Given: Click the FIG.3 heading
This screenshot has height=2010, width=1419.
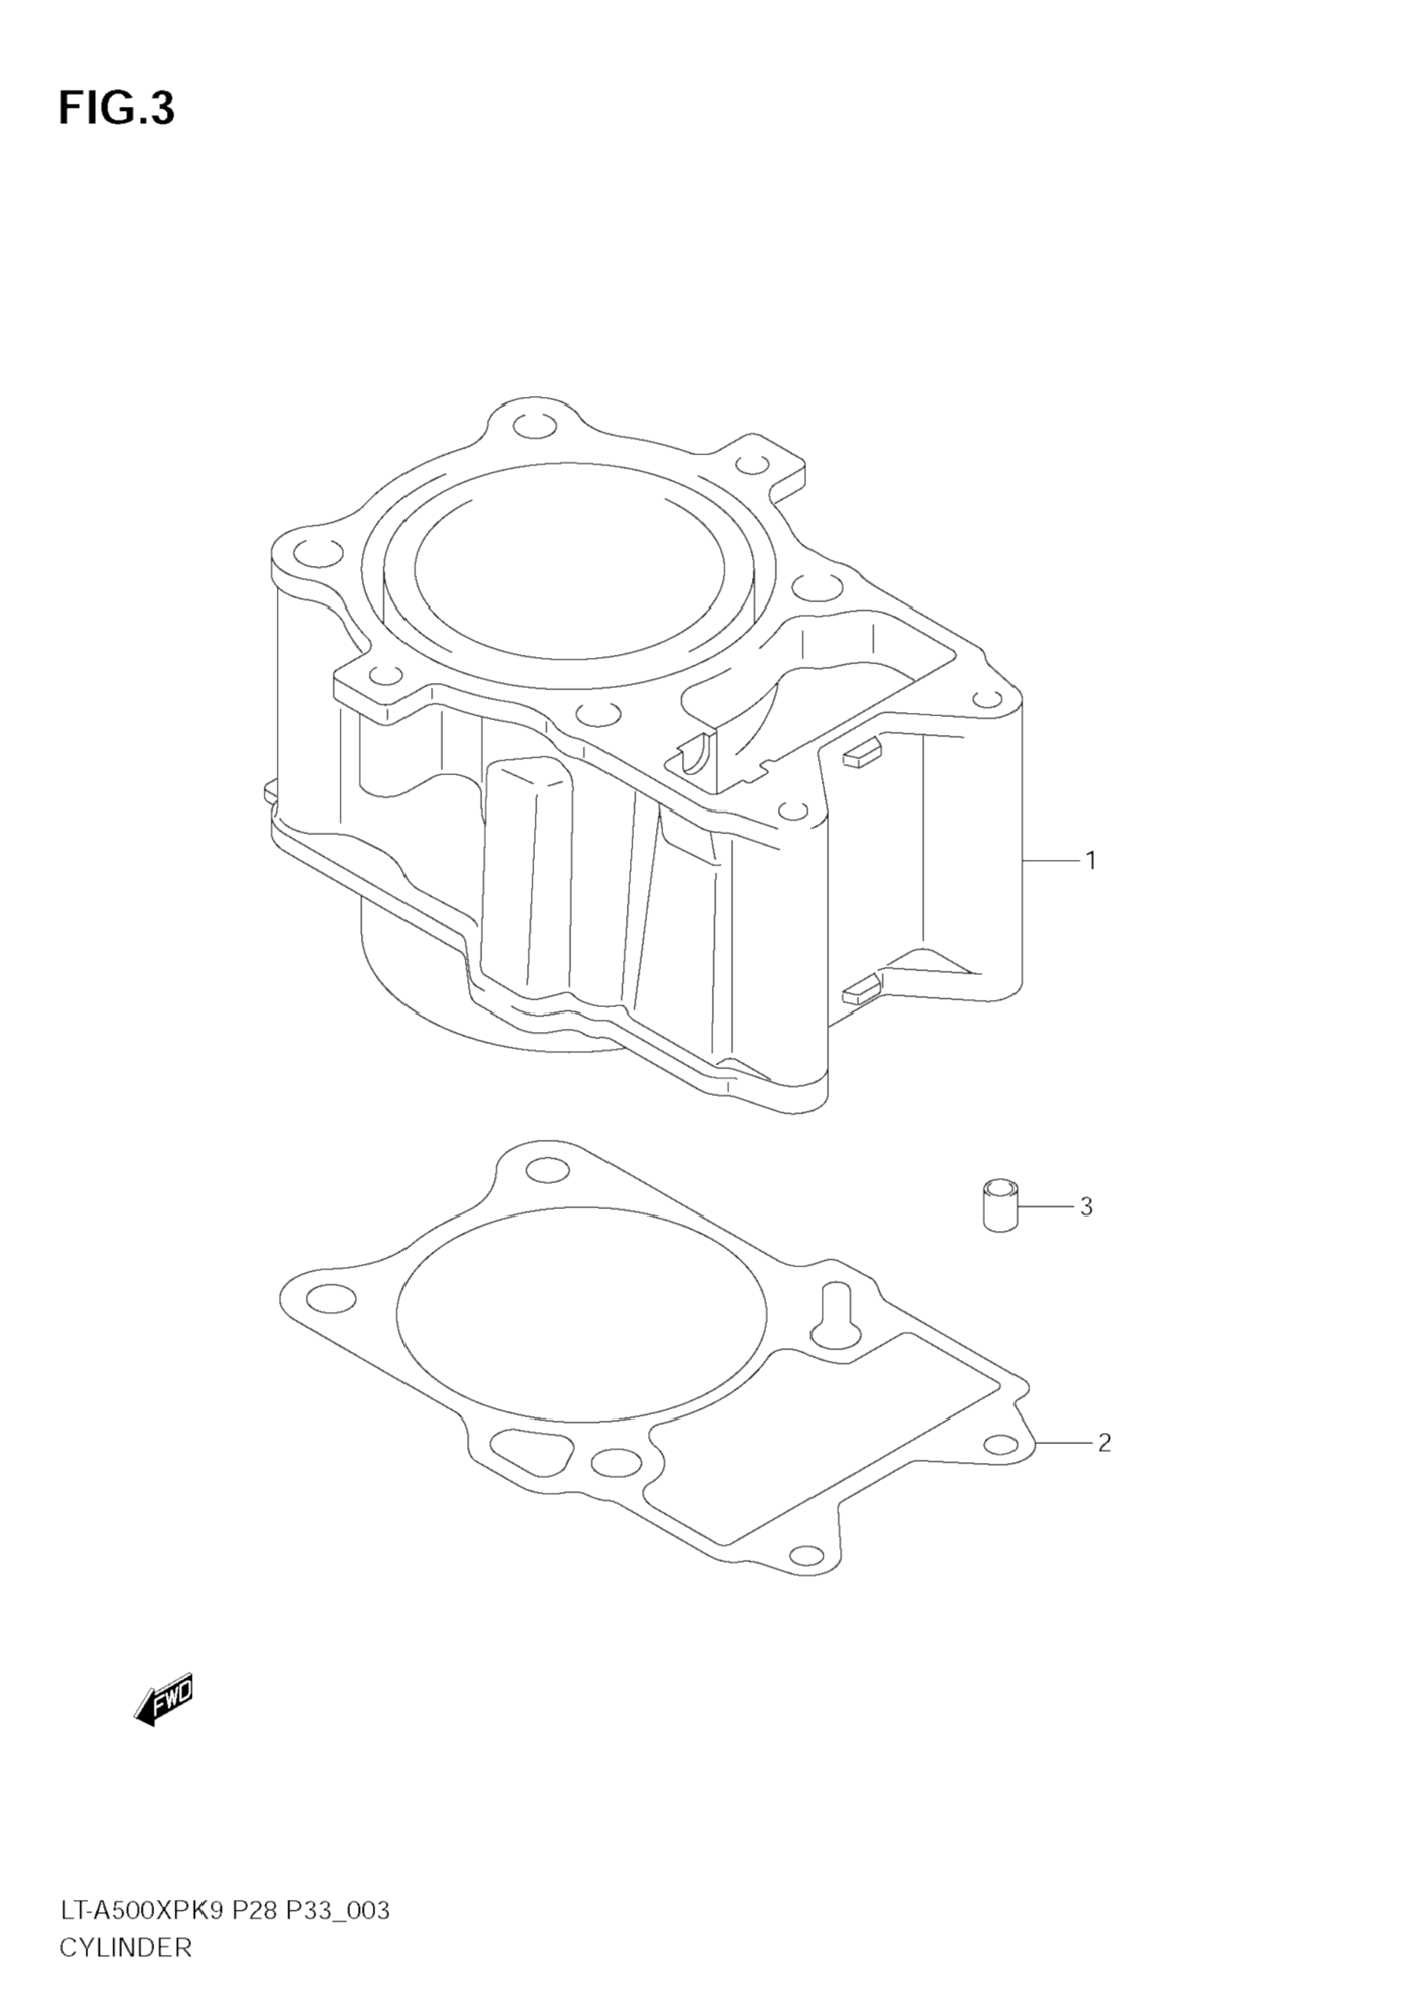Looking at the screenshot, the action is [116, 109].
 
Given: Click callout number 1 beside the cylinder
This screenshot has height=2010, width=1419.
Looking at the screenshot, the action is [1090, 861].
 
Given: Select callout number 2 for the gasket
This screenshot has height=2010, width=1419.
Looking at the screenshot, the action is [1104, 1442].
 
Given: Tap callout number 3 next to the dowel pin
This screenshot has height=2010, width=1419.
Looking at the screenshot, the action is [1086, 1207].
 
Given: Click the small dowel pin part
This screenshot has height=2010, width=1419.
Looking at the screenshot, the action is [1002, 1206].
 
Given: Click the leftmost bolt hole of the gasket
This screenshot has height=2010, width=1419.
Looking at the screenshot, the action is [333, 1297].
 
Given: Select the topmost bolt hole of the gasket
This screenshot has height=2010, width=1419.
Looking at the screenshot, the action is [547, 1170].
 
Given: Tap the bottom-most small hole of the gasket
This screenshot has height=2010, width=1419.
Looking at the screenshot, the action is [805, 1556].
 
